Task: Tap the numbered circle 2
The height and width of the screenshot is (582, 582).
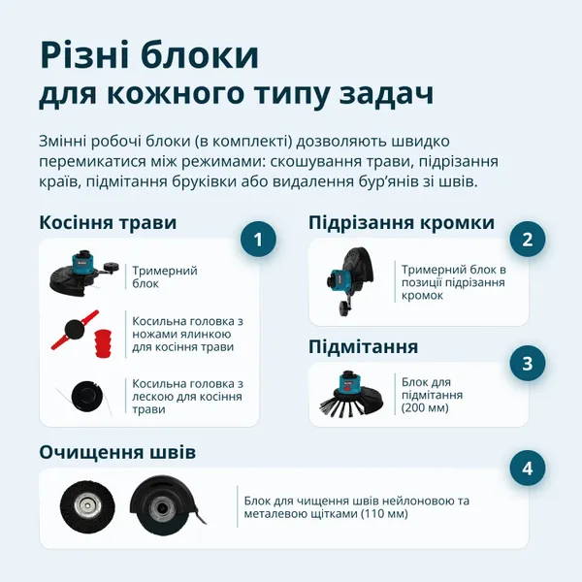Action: [x=527, y=240]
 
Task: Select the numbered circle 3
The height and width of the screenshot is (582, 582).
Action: [x=527, y=364]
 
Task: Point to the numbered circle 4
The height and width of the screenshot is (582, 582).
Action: [x=527, y=469]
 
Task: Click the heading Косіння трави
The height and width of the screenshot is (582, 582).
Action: [x=108, y=222]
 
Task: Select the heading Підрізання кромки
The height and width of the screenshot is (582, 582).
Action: [x=402, y=222]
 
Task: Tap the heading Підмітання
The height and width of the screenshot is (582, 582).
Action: [x=364, y=346]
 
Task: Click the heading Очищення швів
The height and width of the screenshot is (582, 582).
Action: [x=117, y=452]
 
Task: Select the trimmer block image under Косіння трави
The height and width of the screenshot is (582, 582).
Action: [x=84, y=273]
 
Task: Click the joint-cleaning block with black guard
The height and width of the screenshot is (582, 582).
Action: [x=166, y=505]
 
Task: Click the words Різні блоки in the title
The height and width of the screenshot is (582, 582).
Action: [x=149, y=55]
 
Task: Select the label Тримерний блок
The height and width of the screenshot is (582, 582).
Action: [x=164, y=277]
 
